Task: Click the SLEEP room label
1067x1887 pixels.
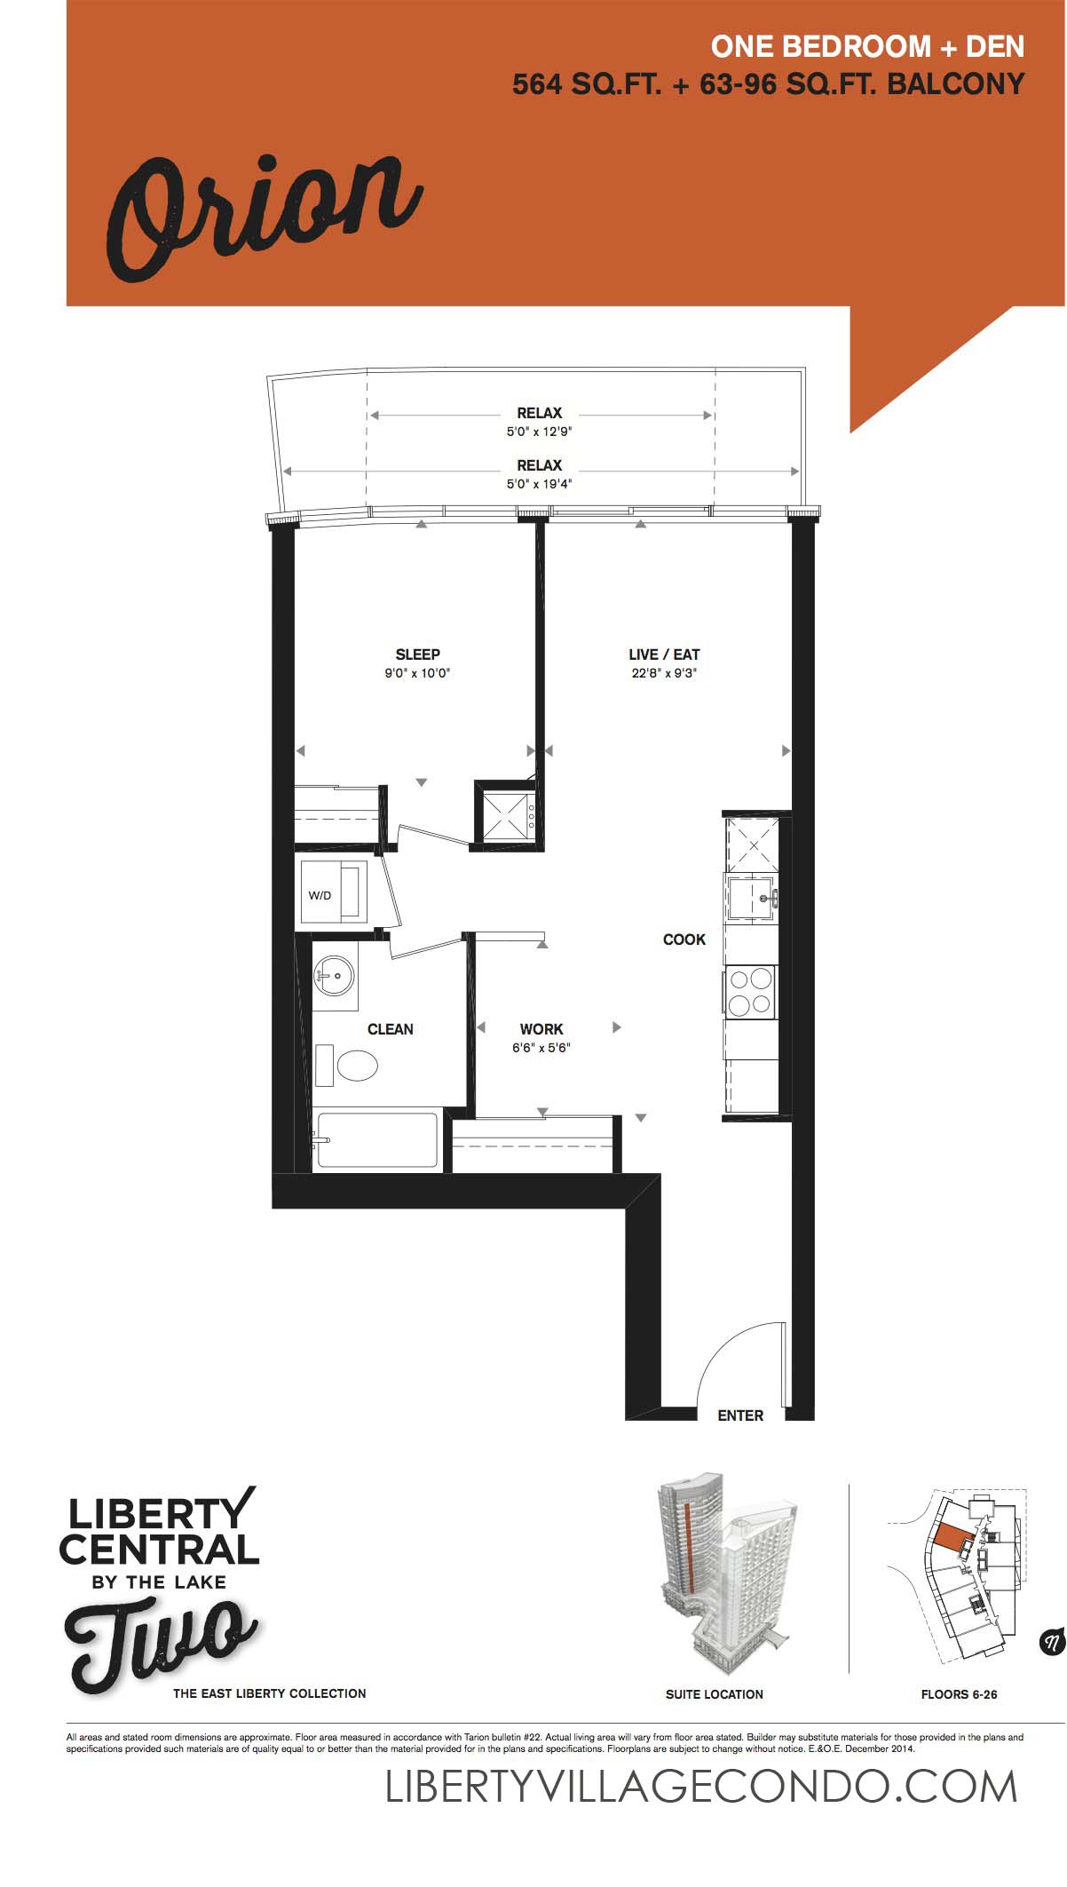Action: (417, 654)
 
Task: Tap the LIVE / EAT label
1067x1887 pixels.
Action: (664, 654)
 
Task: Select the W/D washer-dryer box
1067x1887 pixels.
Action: (334, 892)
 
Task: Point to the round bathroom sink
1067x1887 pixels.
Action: (334, 976)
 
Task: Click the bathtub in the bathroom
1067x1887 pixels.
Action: (377, 1139)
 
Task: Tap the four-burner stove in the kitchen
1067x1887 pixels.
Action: (751, 992)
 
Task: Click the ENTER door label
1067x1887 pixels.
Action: (740, 1415)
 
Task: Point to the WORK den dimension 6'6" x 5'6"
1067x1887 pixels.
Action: (541, 1048)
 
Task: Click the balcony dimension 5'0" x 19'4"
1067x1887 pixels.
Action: (540, 484)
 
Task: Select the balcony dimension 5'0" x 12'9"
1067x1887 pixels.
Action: (540, 432)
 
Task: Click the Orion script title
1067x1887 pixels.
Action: (264, 217)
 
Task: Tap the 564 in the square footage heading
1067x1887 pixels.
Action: (536, 84)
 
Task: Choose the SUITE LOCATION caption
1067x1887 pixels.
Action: (715, 1694)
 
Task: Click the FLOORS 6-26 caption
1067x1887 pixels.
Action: (959, 1694)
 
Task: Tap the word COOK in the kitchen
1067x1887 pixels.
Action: (684, 940)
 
